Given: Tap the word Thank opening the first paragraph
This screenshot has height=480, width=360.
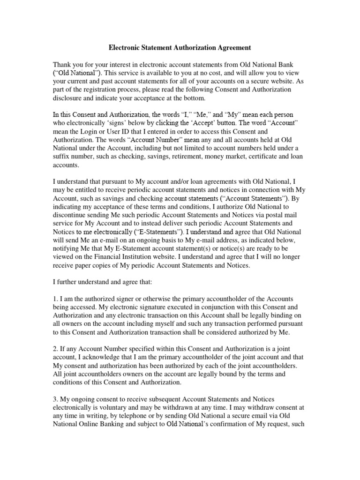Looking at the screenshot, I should [x=63, y=64].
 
